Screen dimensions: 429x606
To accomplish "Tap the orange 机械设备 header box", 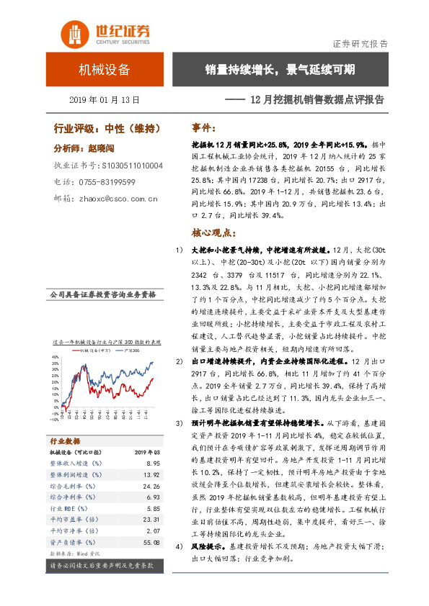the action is coord(104,70).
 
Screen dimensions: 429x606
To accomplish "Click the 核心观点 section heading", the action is coord(214,233).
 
